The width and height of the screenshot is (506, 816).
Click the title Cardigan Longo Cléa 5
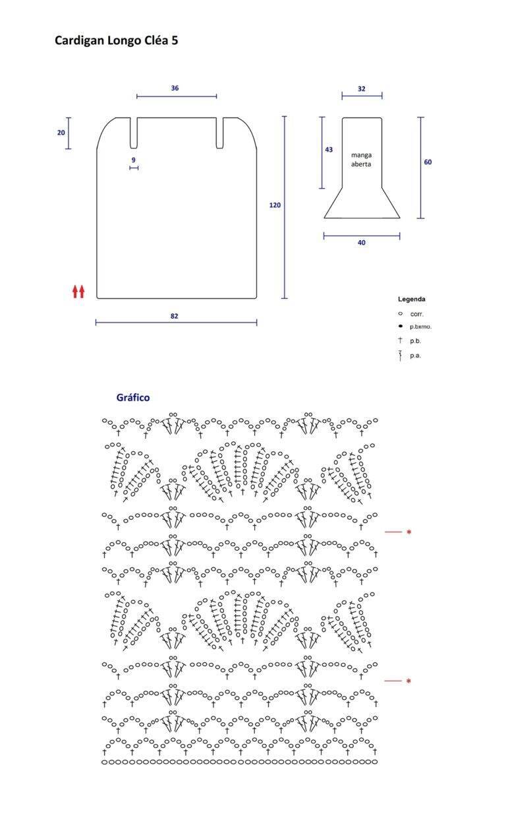coord(117,40)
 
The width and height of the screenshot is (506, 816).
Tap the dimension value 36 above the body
coord(175,88)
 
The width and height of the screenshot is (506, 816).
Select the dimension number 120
coord(275,205)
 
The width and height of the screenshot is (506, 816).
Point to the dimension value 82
coord(174,316)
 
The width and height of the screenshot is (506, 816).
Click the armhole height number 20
coord(61,133)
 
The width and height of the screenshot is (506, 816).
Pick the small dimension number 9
coord(134,160)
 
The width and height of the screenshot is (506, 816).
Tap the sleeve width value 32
coord(361,89)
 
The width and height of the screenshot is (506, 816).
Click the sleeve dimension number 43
coord(329,150)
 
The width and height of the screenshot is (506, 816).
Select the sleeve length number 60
coord(428,162)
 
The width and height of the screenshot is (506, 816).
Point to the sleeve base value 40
coord(361,243)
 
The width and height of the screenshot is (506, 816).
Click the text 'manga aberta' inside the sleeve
coord(361,160)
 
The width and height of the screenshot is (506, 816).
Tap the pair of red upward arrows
coord(78,292)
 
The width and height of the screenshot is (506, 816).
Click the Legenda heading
coord(411,299)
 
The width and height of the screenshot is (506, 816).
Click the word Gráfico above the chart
coord(133,397)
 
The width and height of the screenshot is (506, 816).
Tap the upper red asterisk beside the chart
coord(409,532)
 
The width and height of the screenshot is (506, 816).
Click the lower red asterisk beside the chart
coord(408,681)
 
